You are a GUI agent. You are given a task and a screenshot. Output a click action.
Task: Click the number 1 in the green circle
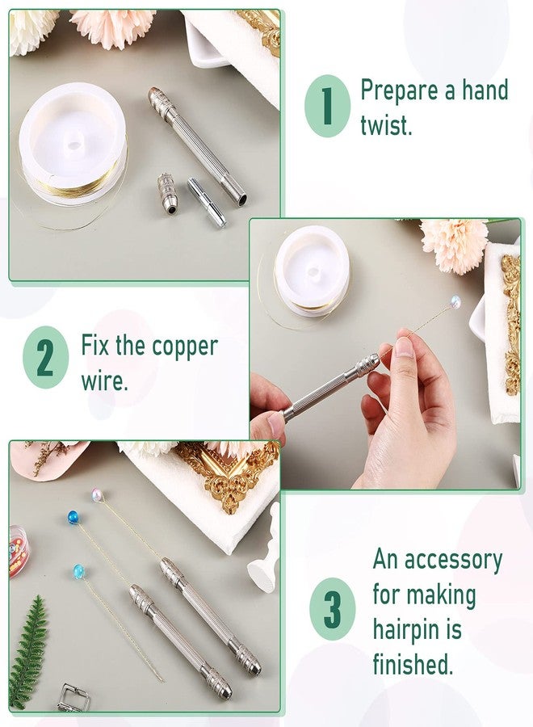[326, 107]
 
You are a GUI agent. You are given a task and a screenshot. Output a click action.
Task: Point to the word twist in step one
[385, 126]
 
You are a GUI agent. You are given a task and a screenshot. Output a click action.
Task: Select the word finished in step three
[412, 665]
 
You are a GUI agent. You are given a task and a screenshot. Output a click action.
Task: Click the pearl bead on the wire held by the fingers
[456, 302]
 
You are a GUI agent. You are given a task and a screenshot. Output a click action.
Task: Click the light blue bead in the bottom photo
[78, 571]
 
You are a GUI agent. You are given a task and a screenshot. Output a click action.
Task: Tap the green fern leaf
[28, 650]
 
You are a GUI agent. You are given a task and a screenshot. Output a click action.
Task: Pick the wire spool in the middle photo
[312, 270]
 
